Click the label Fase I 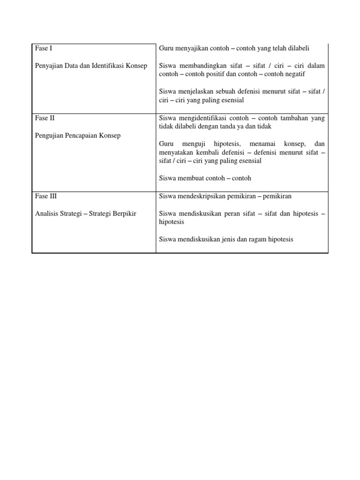(x=43, y=48)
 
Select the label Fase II (x=45, y=118)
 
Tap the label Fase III (x=46, y=196)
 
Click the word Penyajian (x=49, y=66)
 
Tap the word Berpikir (x=123, y=214)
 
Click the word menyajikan (x=190, y=48)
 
